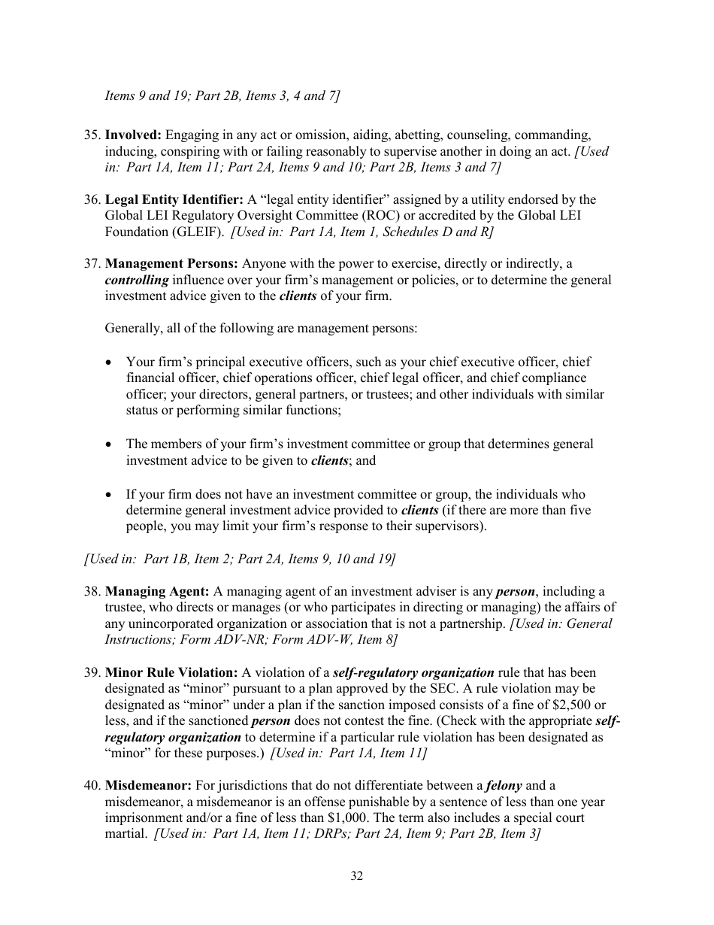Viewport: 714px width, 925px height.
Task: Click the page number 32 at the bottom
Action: pos(356,875)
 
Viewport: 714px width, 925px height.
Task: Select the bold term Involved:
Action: pos(133,135)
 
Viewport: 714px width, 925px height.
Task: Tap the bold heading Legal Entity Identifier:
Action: pos(174,200)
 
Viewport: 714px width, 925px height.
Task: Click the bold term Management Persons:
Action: pos(172,264)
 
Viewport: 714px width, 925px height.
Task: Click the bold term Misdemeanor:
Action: pos(148,786)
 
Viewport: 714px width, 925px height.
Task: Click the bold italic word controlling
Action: pos(137,281)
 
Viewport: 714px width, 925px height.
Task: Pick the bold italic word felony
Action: pos(504,786)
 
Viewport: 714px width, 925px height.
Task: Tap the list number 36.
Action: pos(92,200)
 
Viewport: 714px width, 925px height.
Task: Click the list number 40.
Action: pos(92,786)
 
